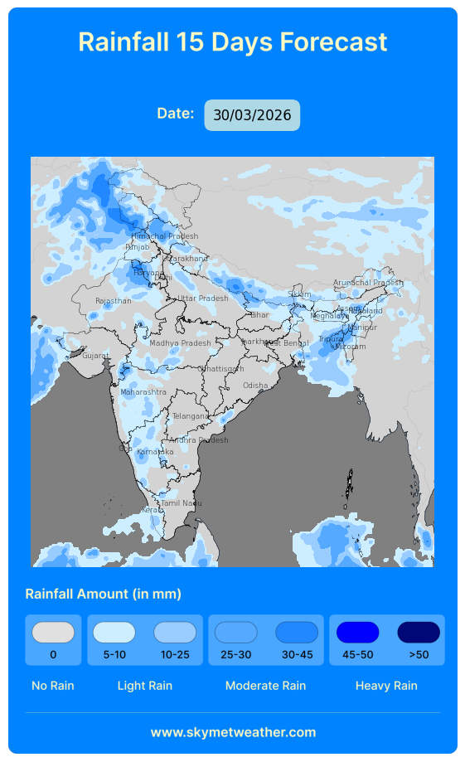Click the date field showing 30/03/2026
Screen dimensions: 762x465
(x=252, y=115)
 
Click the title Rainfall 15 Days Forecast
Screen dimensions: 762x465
(x=233, y=41)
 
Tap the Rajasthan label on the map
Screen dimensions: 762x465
(x=114, y=301)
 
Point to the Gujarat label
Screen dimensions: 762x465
(x=94, y=356)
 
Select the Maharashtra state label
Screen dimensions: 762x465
(x=143, y=392)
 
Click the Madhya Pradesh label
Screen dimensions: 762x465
(x=180, y=343)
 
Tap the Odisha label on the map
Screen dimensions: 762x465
(x=255, y=386)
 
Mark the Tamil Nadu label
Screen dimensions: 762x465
(x=181, y=503)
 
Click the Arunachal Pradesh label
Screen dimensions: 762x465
(x=368, y=283)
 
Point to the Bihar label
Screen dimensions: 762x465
(x=259, y=315)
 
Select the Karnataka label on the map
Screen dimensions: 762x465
(x=155, y=452)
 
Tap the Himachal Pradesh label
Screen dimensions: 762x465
(x=165, y=236)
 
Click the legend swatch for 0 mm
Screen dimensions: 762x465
(x=53, y=633)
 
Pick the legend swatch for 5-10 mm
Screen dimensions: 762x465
(x=114, y=633)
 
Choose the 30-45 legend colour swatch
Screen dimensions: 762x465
(x=297, y=633)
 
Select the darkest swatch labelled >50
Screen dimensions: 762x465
(x=419, y=633)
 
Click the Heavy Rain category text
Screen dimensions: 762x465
(x=386, y=686)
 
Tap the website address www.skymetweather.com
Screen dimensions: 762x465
(x=233, y=732)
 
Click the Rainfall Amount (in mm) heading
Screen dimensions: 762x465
(x=104, y=594)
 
